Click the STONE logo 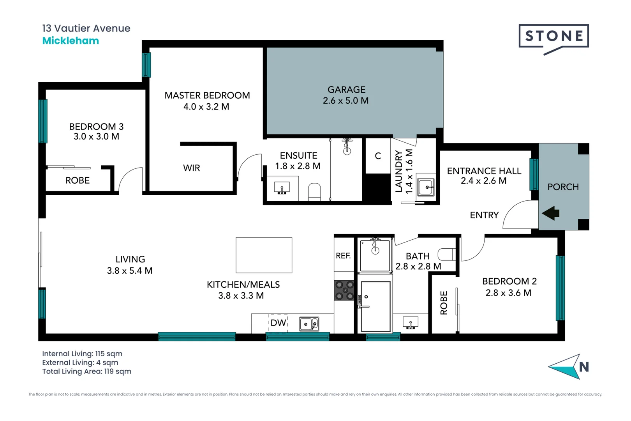553,37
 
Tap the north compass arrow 567,366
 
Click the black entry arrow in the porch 551,213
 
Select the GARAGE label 346,90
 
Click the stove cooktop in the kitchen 344,290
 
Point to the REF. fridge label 343,256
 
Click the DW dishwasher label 278,323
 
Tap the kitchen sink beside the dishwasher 309,324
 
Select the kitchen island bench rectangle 264,255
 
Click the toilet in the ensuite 314,192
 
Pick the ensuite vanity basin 282,188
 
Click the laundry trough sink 426,187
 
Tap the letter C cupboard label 378,156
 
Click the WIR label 192,168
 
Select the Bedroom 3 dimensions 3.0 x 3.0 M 96,136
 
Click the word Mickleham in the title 71,41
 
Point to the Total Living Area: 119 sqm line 86,371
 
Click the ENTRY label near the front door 484,215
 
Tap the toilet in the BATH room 446,255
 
